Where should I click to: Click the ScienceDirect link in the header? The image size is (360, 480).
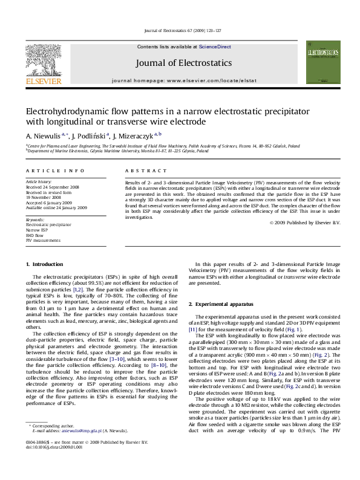(216, 47)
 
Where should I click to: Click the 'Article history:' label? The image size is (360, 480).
(39, 181)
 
